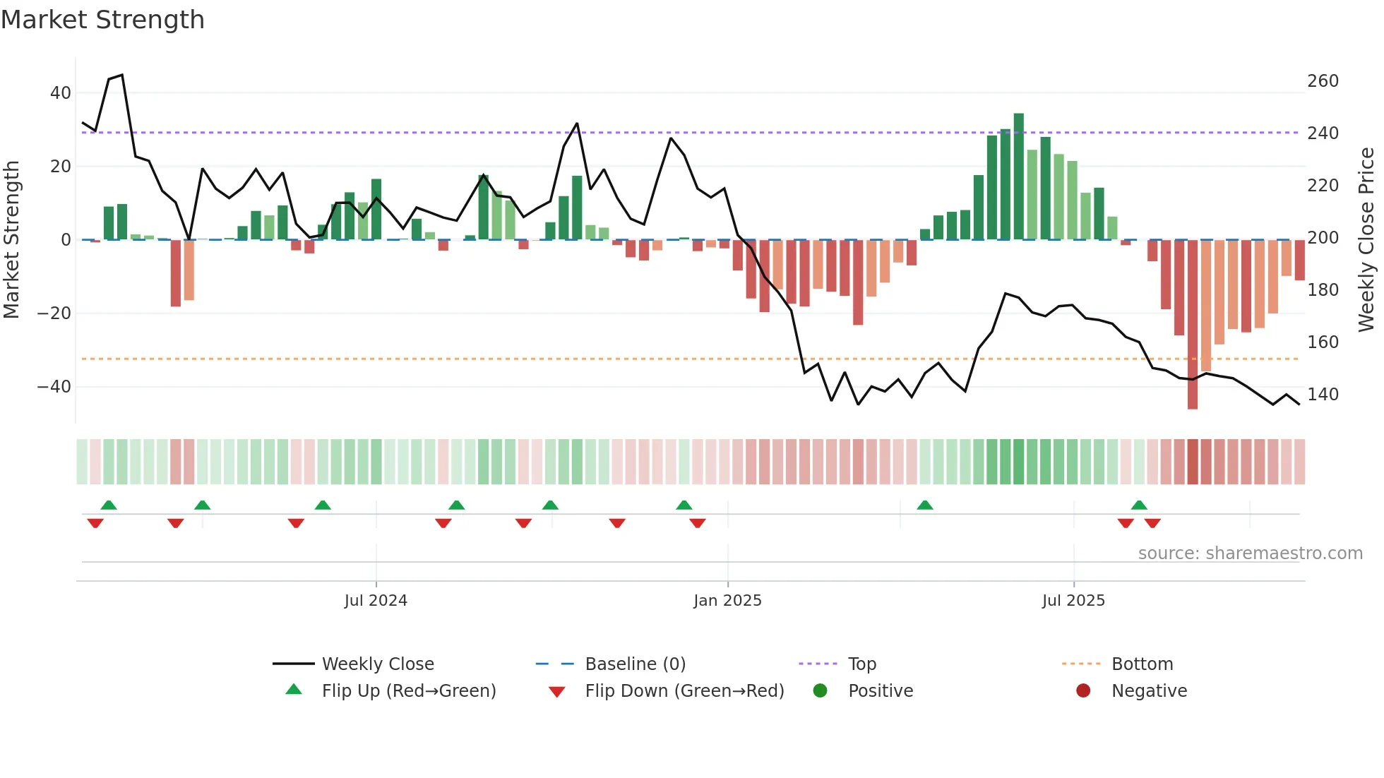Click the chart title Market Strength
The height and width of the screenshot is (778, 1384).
click(x=102, y=20)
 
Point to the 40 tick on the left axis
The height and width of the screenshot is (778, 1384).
click(x=61, y=92)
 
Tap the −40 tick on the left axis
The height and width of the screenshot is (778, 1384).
click(x=54, y=386)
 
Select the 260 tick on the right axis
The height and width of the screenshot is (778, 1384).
click(x=1323, y=81)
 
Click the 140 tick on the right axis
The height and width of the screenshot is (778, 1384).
click(x=1323, y=395)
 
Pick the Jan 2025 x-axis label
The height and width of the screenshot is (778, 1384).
click(x=727, y=601)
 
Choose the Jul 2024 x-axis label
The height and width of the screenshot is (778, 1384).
click(x=376, y=601)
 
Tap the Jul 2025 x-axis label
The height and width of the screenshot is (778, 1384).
click(x=1073, y=601)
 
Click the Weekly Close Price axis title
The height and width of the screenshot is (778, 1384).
click(x=1367, y=240)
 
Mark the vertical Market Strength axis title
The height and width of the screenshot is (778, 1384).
click(x=11, y=240)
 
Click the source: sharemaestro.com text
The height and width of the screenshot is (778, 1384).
click(x=1250, y=553)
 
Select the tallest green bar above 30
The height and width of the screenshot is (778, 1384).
click(x=1018, y=176)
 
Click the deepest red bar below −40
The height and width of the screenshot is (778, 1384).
click(x=1193, y=325)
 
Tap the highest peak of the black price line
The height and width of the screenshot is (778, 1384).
click(x=122, y=75)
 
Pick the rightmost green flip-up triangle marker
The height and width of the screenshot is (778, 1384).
click(x=1139, y=505)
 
